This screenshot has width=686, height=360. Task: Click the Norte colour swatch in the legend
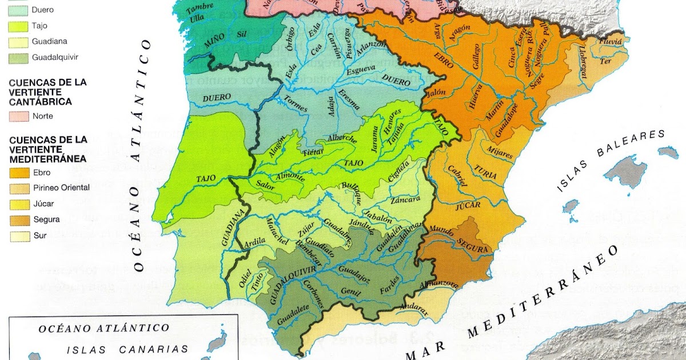(x=18, y=116)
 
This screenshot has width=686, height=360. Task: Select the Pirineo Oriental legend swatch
(x=18, y=187)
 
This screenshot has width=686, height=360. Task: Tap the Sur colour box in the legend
(x=18, y=235)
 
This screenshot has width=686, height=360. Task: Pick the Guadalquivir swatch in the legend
(x=18, y=57)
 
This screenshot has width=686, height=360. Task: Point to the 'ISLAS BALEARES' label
(x=612, y=163)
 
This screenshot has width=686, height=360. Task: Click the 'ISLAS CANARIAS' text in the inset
(x=127, y=349)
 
